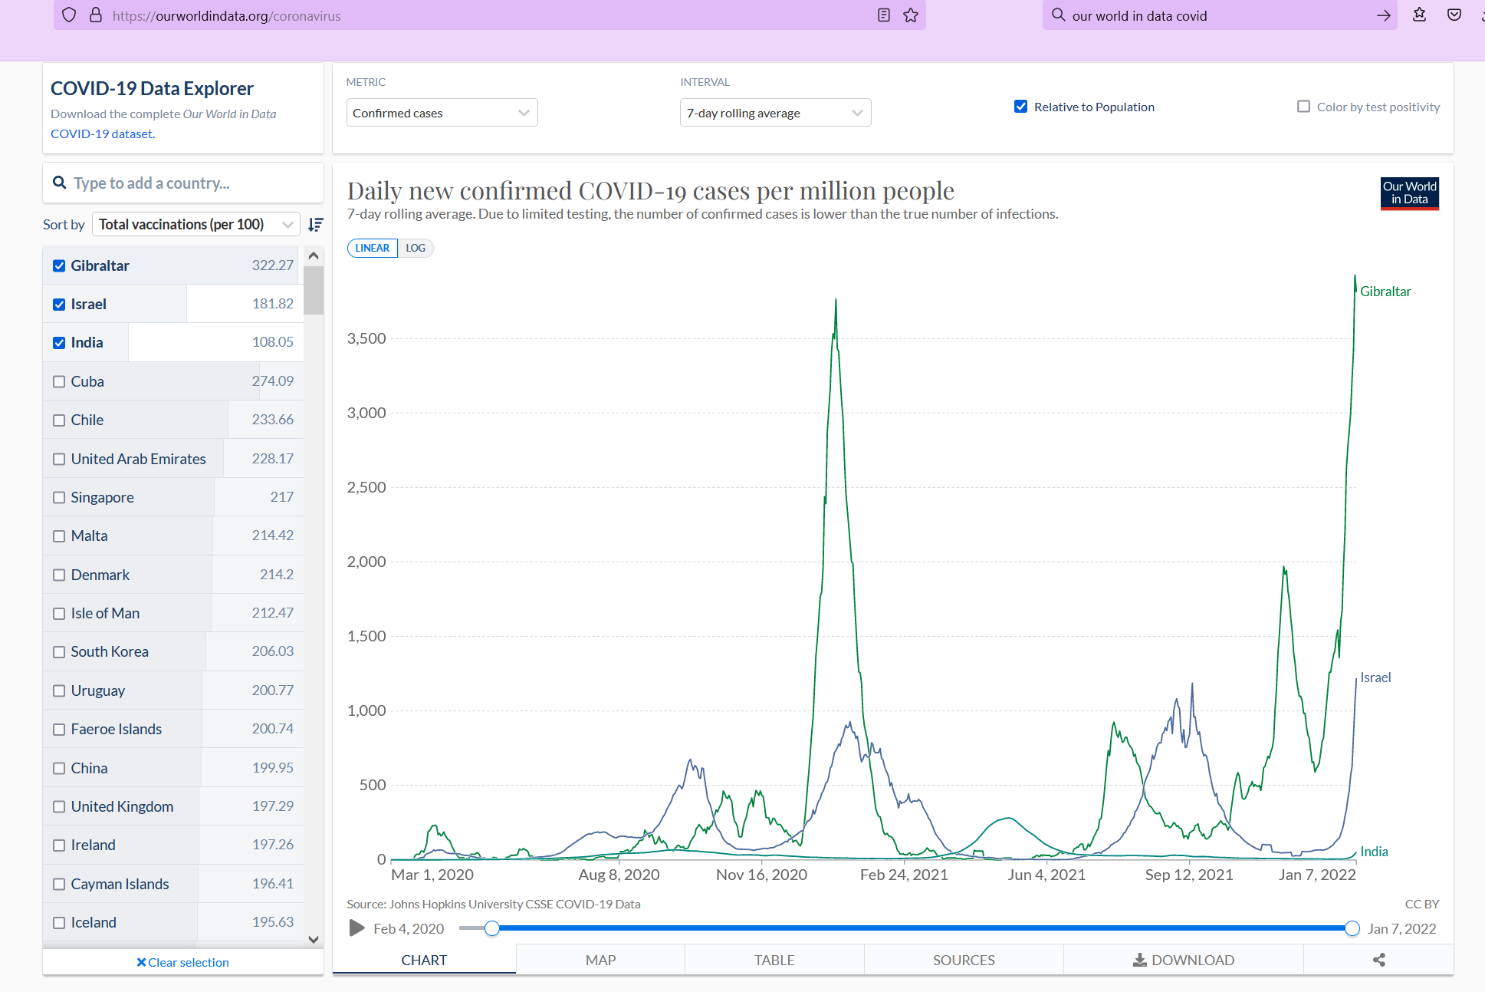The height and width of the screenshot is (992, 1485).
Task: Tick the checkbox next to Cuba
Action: point(59,381)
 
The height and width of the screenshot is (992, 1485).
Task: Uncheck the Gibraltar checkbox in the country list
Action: point(59,265)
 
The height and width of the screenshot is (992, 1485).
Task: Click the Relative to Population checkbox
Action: point(1020,107)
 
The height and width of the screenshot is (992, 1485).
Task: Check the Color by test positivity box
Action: point(1303,107)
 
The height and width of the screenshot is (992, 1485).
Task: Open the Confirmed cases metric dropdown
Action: point(442,113)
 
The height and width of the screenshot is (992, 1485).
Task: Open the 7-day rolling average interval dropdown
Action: point(775,113)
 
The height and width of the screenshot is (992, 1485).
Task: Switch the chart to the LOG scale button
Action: point(416,248)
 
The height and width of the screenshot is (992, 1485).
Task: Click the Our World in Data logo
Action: point(1409,193)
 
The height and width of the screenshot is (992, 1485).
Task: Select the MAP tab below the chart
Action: point(600,960)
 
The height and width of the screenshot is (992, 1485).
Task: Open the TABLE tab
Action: point(774,960)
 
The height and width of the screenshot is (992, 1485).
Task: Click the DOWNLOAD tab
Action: point(1184,960)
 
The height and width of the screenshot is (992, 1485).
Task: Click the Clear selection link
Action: point(182,962)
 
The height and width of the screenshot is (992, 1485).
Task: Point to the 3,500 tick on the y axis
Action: point(366,338)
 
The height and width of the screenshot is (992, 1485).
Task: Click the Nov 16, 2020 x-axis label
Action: point(761,875)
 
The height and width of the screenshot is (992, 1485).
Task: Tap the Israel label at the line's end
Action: point(1375,677)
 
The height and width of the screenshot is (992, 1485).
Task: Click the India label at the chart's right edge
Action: point(1374,852)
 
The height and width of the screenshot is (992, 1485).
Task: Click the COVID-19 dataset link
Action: point(101,133)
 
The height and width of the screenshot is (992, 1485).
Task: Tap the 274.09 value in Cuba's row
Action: point(273,381)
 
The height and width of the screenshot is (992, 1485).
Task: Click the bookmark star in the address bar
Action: point(911,15)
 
